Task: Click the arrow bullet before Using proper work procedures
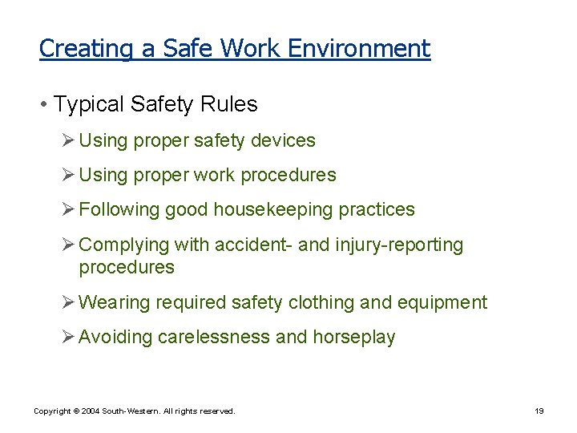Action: coord(68,175)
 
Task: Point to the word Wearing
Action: coord(114,303)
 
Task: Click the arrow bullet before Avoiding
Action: coord(68,337)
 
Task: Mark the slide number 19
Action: coord(539,411)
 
